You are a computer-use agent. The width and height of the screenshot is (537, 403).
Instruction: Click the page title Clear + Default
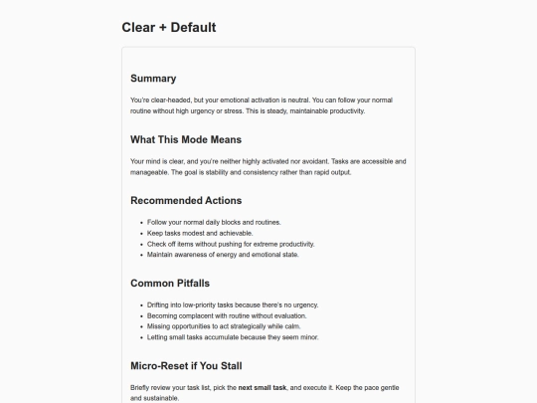tap(168, 27)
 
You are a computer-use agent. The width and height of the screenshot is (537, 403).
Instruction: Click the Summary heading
tap(153, 79)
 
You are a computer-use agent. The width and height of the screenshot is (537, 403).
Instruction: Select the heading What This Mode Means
tap(186, 139)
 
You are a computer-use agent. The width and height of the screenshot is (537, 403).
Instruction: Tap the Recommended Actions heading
tap(186, 200)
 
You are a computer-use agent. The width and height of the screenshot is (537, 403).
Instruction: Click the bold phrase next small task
tap(266, 386)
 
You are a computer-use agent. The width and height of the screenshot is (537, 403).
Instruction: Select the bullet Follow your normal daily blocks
tap(214, 222)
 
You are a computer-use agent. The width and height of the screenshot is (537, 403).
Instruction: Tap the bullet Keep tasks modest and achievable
tap(202, 233)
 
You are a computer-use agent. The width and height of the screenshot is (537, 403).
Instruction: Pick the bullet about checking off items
tap(217, 244)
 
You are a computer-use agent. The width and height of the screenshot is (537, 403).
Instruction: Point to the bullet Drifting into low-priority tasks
tap(232, 304)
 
